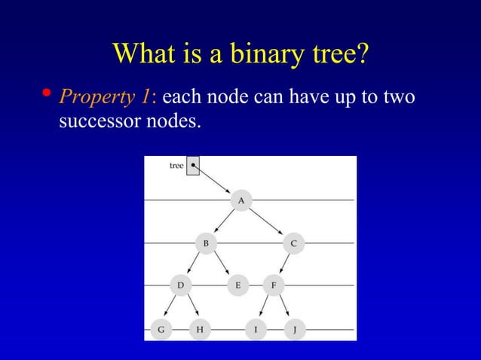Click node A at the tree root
240,200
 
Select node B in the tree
205,243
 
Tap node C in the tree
293,243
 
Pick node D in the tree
180,285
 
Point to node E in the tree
237,285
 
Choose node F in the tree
273,285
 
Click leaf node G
161,329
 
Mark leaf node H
200,329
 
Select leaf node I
256,329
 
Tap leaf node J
294,329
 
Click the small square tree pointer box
193,166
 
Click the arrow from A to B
223,221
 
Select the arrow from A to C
267,221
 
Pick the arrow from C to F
283,264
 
